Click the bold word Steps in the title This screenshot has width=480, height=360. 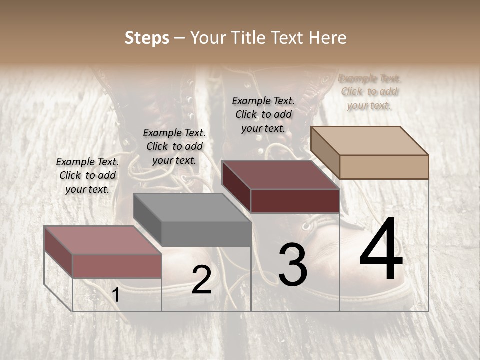pyautogui.click(x=147, y=38)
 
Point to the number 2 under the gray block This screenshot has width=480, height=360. pyautogui.click(x=201, y=280)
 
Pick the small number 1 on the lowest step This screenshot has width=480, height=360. pyautogui.click(x=116, y=295)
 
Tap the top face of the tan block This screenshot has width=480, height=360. pyautogui.click(x=370, y=141)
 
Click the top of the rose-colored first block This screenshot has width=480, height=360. pyautogui.click(x=103, y=240)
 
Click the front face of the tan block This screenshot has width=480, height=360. pyautogui.click(x=384, y=167)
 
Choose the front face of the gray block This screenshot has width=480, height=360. pyautogui.click(x=206, y=234)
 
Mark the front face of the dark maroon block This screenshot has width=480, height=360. pyautogui.click(x=295, y=201)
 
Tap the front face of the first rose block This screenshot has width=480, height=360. pyautogui.click(x=117, y=266)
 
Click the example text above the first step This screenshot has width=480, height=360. pyautogui.click(x=87, y=175)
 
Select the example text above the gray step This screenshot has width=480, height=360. pyautogui.click(x=174, y=146)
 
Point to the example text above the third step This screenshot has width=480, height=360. pyautogui.click(x=263, y=114)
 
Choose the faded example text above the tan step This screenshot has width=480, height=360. pyautogui.click(x=369, y=91)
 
